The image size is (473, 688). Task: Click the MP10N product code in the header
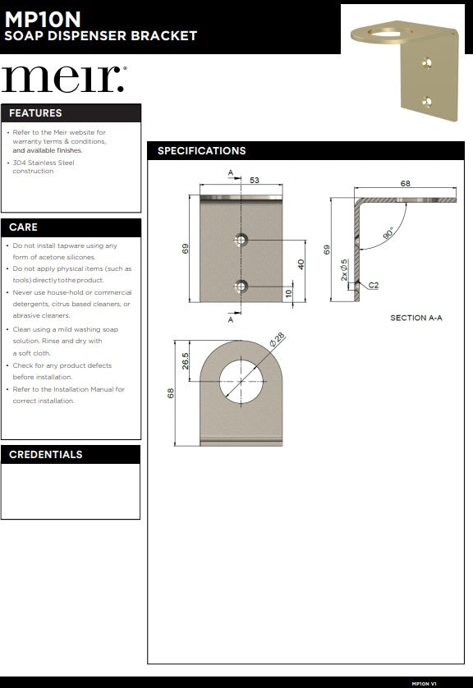coord(43,20)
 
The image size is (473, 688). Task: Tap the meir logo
coord(64,79)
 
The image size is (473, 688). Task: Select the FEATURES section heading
coord(35,113)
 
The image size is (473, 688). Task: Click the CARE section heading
coord(23,227)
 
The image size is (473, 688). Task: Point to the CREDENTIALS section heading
coord(46,455)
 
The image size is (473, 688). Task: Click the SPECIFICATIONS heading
coord(202,151)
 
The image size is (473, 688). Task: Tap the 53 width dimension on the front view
coord(255,180)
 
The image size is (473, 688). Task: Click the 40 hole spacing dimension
coord(301,264)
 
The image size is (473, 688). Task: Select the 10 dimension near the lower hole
coord(288,294)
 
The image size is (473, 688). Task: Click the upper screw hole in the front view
coord(241,240)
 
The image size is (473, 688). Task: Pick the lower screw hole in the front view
coord(241,287)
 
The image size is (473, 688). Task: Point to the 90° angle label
coord(388,232)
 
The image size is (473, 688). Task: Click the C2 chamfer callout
coord(374,285)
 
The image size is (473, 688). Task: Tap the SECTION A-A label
coord(416,318)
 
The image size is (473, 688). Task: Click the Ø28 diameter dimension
coord(277,340)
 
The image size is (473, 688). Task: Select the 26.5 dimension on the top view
coord(185,361)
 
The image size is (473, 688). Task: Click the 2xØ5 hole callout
coord(344,270)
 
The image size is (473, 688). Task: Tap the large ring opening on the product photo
coord(389,33)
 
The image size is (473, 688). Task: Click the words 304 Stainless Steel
coord(44,163)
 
